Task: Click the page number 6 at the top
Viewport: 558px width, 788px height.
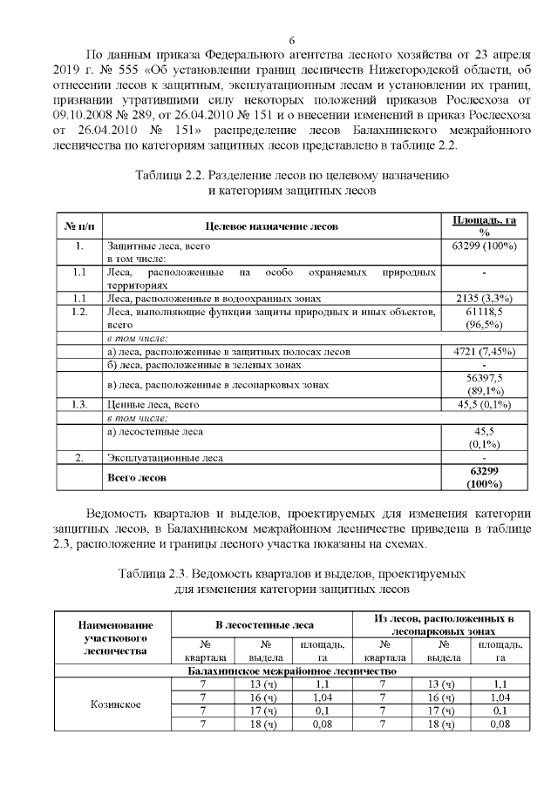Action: [292, 41]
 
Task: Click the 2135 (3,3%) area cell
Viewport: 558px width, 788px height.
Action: [485, 299]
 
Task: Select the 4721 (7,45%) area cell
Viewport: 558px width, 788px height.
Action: [485, 352]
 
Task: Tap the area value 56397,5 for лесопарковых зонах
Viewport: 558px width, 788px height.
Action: [485, 379]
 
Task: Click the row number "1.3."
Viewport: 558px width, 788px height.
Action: [78, 405]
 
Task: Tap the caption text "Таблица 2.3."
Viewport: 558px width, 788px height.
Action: [152, 575]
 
